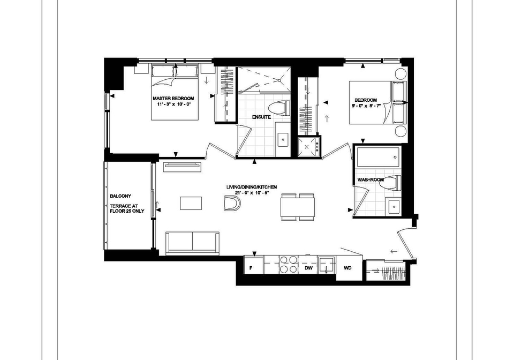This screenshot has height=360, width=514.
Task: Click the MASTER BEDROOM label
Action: point(173,99)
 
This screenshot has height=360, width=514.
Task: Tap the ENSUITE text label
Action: point(261,117)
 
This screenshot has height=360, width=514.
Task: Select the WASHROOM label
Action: point(371,179)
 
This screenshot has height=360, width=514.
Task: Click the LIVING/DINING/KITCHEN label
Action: point(252,187)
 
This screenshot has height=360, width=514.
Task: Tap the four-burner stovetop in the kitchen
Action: point(289,264)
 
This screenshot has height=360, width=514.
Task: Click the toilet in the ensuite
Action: point(279,109)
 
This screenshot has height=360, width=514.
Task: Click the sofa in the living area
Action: point(192,243)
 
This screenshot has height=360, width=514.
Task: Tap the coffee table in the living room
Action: point(191,203)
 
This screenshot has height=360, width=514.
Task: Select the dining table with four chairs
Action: point(298,207)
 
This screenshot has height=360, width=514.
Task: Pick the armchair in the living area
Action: point(232,203)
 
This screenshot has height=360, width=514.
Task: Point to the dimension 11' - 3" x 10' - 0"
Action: point(173,104)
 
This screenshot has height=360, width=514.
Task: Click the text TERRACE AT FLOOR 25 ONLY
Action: point(127,208)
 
